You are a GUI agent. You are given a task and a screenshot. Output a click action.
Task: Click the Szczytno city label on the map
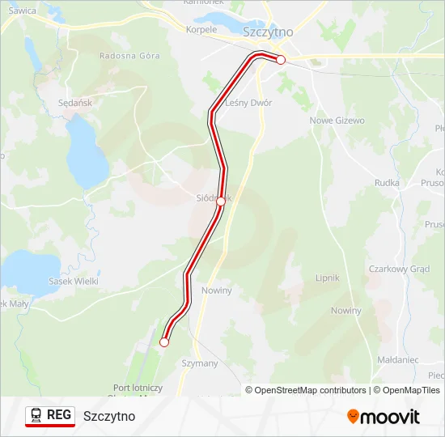pyautogui.click(x=268, y=32)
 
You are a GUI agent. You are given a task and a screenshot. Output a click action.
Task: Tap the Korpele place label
pyautogui.click(x=201, y=29)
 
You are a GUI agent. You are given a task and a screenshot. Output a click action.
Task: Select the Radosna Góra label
pyautogui.click(x=129, y=56)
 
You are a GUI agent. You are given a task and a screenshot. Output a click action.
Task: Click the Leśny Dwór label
pyautogui.click(x=248, y=103)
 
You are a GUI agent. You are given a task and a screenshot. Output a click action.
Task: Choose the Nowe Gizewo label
pyautogui.click(x=337, y=121)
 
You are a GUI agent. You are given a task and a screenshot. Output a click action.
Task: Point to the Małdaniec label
pyautogui.click(x=398, y=359)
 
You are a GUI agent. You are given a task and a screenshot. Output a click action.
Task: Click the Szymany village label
pyautogui.click(x=200, y=363)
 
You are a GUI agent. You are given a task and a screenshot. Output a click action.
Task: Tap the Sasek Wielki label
pyautogui.click(x=73, y=282)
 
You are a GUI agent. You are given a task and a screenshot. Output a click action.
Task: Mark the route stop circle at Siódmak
pyautogui.click(x=221, y=202)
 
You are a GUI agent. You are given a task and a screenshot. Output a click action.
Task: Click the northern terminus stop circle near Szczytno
pyautogui.click(x=281, y=60)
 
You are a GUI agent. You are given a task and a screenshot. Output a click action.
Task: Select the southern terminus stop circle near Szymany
pyautogui.click(x=164, y=342)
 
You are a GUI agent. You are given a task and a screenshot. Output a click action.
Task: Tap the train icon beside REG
pyautogui.click(x=37, y=415)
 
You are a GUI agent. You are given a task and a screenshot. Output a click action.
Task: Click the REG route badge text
pyautogui.click(x=59, y=415)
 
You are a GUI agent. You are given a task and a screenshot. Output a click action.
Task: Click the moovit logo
pyautogui.click(x=384, y=417)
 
